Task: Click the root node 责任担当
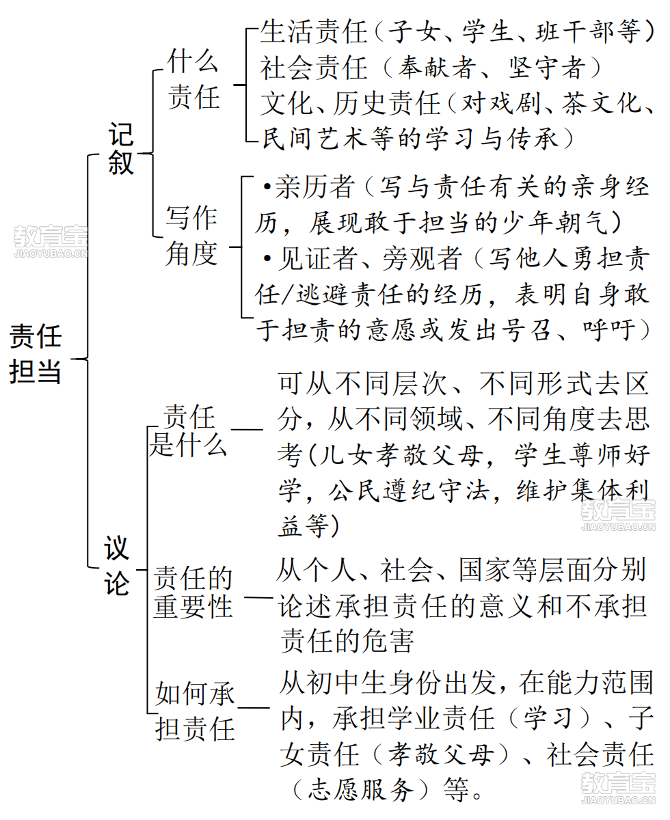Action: click(36, 354)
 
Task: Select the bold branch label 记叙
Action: click(121, 148)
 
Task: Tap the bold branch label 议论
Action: click(117, 566)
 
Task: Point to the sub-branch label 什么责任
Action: click(193, 79)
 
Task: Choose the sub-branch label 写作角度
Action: click(191, 236)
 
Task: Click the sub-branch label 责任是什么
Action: click(188, 430)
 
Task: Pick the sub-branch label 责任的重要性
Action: click(193, 592)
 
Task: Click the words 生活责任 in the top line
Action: click(314, 32)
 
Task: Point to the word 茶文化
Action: click(602, 103)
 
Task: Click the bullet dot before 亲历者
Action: click(267, 187)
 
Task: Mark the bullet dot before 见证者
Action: click(267, 258)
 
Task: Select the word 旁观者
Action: click(422, 258)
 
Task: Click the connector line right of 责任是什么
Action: click(247, 429)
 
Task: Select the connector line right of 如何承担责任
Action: click(254, 708)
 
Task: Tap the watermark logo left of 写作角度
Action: click(51, 241)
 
